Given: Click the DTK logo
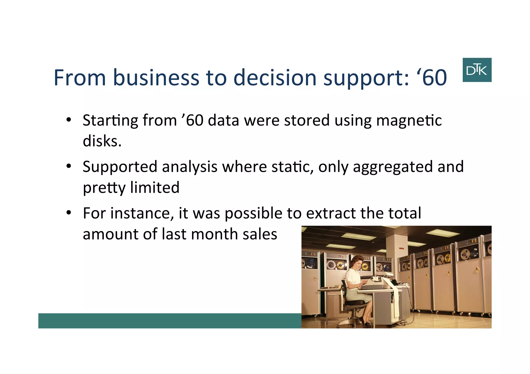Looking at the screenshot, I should click(x=477, y=70).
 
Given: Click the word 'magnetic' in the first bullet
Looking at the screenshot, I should click(x=409, y=121).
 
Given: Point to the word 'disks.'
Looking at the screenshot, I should click(x=102, y=141).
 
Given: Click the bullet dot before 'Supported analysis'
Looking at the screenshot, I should click(x=69, y=166).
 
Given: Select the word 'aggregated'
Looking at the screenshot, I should click(x=393, y=167).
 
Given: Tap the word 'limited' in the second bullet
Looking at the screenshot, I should click(x=154, y=187).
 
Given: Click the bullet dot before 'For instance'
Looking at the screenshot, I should click(x=69, y=213).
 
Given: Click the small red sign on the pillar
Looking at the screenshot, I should click(x=401, y=249).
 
